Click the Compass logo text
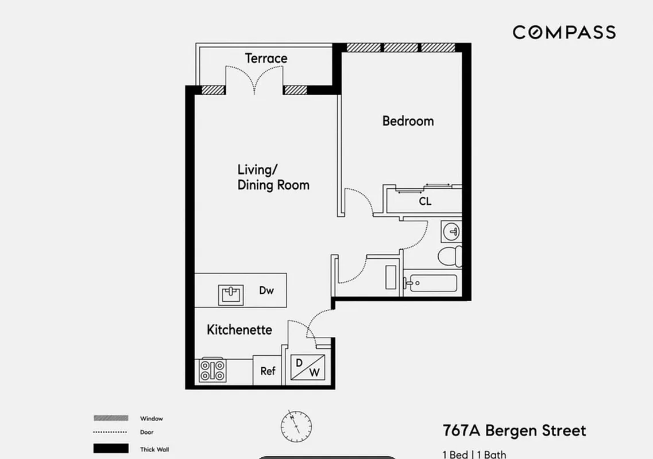[x=564, y=32]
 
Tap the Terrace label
[x=266, y=58]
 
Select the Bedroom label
[x=408, y=121]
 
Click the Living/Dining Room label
[x=273, y=177]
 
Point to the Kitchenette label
[x=239, y=330]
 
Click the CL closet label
[x=424, y=201]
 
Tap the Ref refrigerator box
[x=268, y=371]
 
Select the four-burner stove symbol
[x=212, y=370]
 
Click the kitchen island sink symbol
[x=231, y=294]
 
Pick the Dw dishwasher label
[x=266, y=290]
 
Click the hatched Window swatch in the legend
[x=111, y=418]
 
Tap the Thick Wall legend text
[x=154, y=449]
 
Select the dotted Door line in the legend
[x=110, y=433]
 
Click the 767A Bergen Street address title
[x=514, y=430]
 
